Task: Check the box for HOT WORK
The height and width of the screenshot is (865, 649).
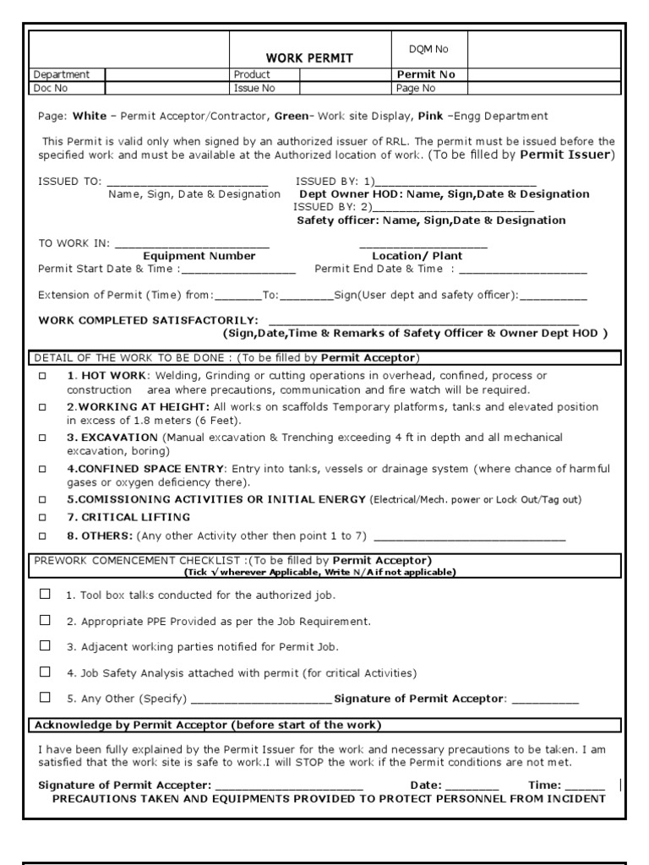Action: point(42,375)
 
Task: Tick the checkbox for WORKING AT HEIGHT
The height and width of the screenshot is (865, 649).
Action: point(42,406)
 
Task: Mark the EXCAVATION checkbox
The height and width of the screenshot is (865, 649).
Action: point(42,438)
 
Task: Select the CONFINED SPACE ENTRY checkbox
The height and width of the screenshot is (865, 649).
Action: point(42,468)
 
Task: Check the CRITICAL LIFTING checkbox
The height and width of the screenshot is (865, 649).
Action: point(42,517)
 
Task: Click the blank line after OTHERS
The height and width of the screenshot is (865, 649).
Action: point(469,536)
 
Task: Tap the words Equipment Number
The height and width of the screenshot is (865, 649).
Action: point(199,256)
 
